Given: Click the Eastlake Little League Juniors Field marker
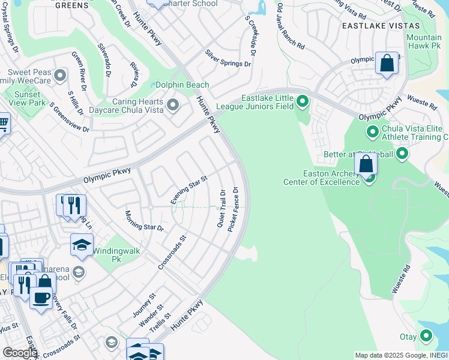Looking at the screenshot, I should click(303, 102).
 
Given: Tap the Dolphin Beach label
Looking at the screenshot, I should click(182, 85).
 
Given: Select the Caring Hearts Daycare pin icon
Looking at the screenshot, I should click(173, 106).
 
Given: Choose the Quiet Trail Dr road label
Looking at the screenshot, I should click(221, 208).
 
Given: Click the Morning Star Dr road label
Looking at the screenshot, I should click(144, 221).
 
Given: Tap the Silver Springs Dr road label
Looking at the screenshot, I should click(228, 59).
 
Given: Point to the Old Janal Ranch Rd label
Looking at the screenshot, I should click(291, 26).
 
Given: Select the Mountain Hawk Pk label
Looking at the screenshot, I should click(424, 41).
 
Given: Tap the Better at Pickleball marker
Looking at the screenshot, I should click(402, 154).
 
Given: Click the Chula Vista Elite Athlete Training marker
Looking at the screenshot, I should click(372, 131).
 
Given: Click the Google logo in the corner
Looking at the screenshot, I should click(20, 353).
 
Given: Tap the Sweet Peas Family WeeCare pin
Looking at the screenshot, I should click(59, 76).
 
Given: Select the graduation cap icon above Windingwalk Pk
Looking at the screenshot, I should click(82, 244).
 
